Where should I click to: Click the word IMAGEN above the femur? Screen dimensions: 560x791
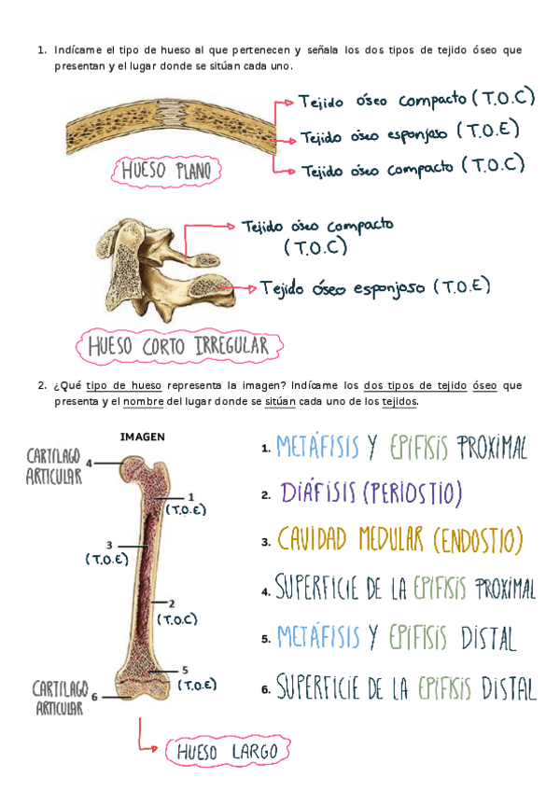(x=144, y=435)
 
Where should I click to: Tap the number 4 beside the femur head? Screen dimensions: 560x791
(x=89, y=463)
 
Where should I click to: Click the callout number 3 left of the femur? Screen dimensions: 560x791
(x=109, y=545)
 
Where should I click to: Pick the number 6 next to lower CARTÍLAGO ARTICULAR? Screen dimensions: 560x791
(x=94, y=696)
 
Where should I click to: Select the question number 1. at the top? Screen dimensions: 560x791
(x=42, y=49)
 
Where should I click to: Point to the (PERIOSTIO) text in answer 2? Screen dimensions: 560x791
(x=412, y=493)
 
